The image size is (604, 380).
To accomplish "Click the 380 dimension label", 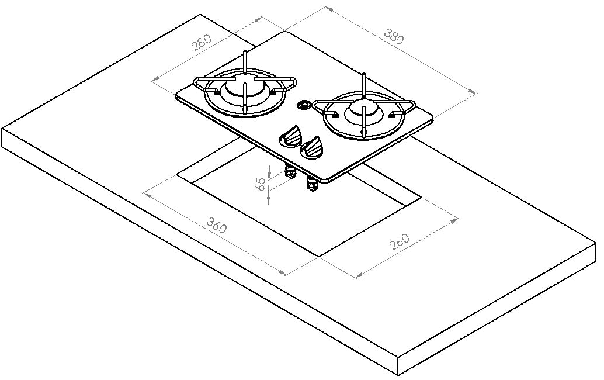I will click(x=394, y=36).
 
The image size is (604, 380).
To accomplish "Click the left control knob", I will click(x=291, y=136).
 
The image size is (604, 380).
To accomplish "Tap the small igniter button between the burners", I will click(x=304, y=105).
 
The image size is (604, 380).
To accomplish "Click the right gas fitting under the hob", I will click(x=311, y=185).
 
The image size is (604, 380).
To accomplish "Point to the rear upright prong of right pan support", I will click(x=363, y=82).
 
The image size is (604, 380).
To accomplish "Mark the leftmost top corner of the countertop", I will click(x=3, y=127).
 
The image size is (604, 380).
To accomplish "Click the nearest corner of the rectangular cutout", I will click(x=320, y=255).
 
